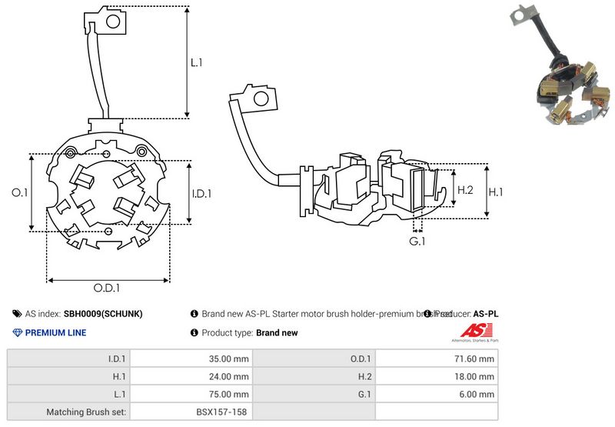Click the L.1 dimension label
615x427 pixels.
pyautogui.click(x=197, y=63)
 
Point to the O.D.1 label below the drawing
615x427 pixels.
pyautogui.click(x=107, y=288)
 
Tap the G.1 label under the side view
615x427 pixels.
pyautogui.click(x=418, y=242)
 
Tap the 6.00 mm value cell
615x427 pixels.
pyautogui.click(x=476, y=394)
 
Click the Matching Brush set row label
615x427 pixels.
pyautogui.click(x=88, y=412)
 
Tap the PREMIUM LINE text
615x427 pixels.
pyautogui.click(x=55, y=333)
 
